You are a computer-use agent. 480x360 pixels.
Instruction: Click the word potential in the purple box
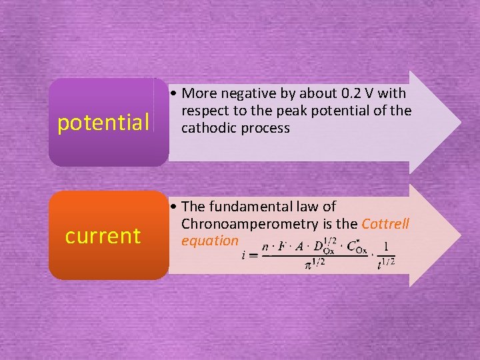point(103,123)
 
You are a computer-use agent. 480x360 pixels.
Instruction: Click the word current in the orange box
point(103,236)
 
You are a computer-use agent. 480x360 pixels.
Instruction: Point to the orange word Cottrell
point(385,224)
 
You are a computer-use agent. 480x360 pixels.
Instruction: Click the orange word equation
point(209,241)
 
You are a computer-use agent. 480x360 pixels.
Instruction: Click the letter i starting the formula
point(244,255)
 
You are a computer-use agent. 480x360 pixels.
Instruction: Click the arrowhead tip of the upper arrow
point(459,122)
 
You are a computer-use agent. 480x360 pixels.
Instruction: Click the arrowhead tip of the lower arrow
point(459,235)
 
